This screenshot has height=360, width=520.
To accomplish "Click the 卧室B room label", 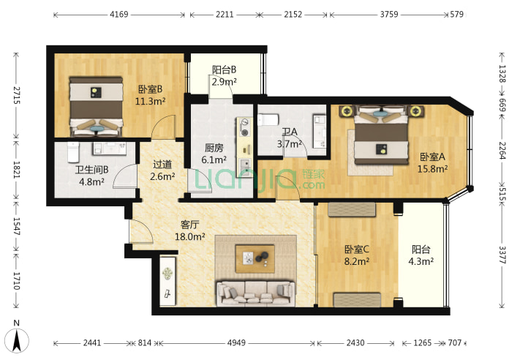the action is pos(150,89).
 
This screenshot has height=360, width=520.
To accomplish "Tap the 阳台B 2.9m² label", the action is pos(225,75).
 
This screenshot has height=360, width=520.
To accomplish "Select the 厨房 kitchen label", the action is pos(214,148).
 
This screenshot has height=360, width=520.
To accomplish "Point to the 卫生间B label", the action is pos(92,170).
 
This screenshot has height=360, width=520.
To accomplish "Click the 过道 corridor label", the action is pos(162,165).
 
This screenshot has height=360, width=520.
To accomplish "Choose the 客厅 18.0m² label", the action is pos(189,230).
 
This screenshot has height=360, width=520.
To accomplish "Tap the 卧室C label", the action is pos(357,250).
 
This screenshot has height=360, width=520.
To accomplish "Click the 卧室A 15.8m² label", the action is pos(432,162).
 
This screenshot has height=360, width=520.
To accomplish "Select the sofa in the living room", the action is pos(255,293).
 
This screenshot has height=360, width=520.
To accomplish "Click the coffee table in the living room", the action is pos(255,259).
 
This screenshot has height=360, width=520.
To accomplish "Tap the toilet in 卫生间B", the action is pos(73,152).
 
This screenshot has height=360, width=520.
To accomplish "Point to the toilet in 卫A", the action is pos(268,120).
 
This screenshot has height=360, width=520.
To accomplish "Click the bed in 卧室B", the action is pos(96,107).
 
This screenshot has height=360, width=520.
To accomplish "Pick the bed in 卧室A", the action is pos(381,135).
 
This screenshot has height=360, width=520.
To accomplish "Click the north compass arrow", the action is pos(17,340).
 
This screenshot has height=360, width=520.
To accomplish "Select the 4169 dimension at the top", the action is pos(119,15).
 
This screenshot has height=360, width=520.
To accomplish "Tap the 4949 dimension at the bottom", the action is pos(236,342).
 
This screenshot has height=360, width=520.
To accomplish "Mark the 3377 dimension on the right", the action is pos(502,255).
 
